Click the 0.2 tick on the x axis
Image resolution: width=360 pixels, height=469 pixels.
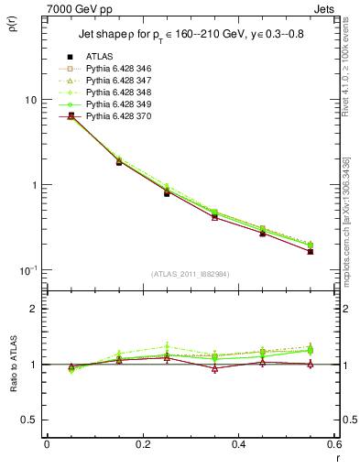tap(142, 444)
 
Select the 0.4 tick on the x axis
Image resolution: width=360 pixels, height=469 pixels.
tap(238, 444)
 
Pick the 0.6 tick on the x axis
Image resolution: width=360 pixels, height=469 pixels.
tap(333, 444)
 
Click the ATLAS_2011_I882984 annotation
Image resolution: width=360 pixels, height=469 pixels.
tap(191, 274)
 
